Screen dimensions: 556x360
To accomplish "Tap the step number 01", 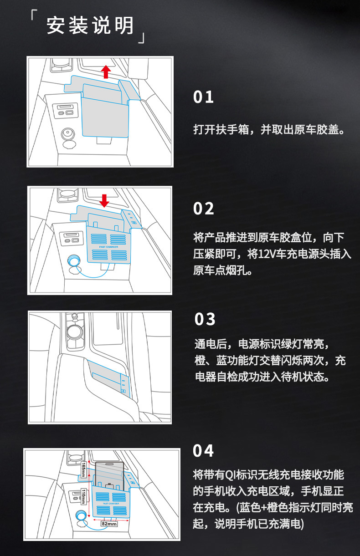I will point(204,97).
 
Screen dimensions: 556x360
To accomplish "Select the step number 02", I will point(204,209).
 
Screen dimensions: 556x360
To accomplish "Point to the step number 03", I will point(205,319).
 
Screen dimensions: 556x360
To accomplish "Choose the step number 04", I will point(204,451).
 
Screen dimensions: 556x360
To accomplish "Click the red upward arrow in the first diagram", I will point(106,71).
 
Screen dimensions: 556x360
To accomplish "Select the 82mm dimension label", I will point(109,524).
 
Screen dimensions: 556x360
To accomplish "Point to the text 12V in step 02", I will point(267,254).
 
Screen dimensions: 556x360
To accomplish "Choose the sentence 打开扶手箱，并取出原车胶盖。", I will point(268,130).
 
